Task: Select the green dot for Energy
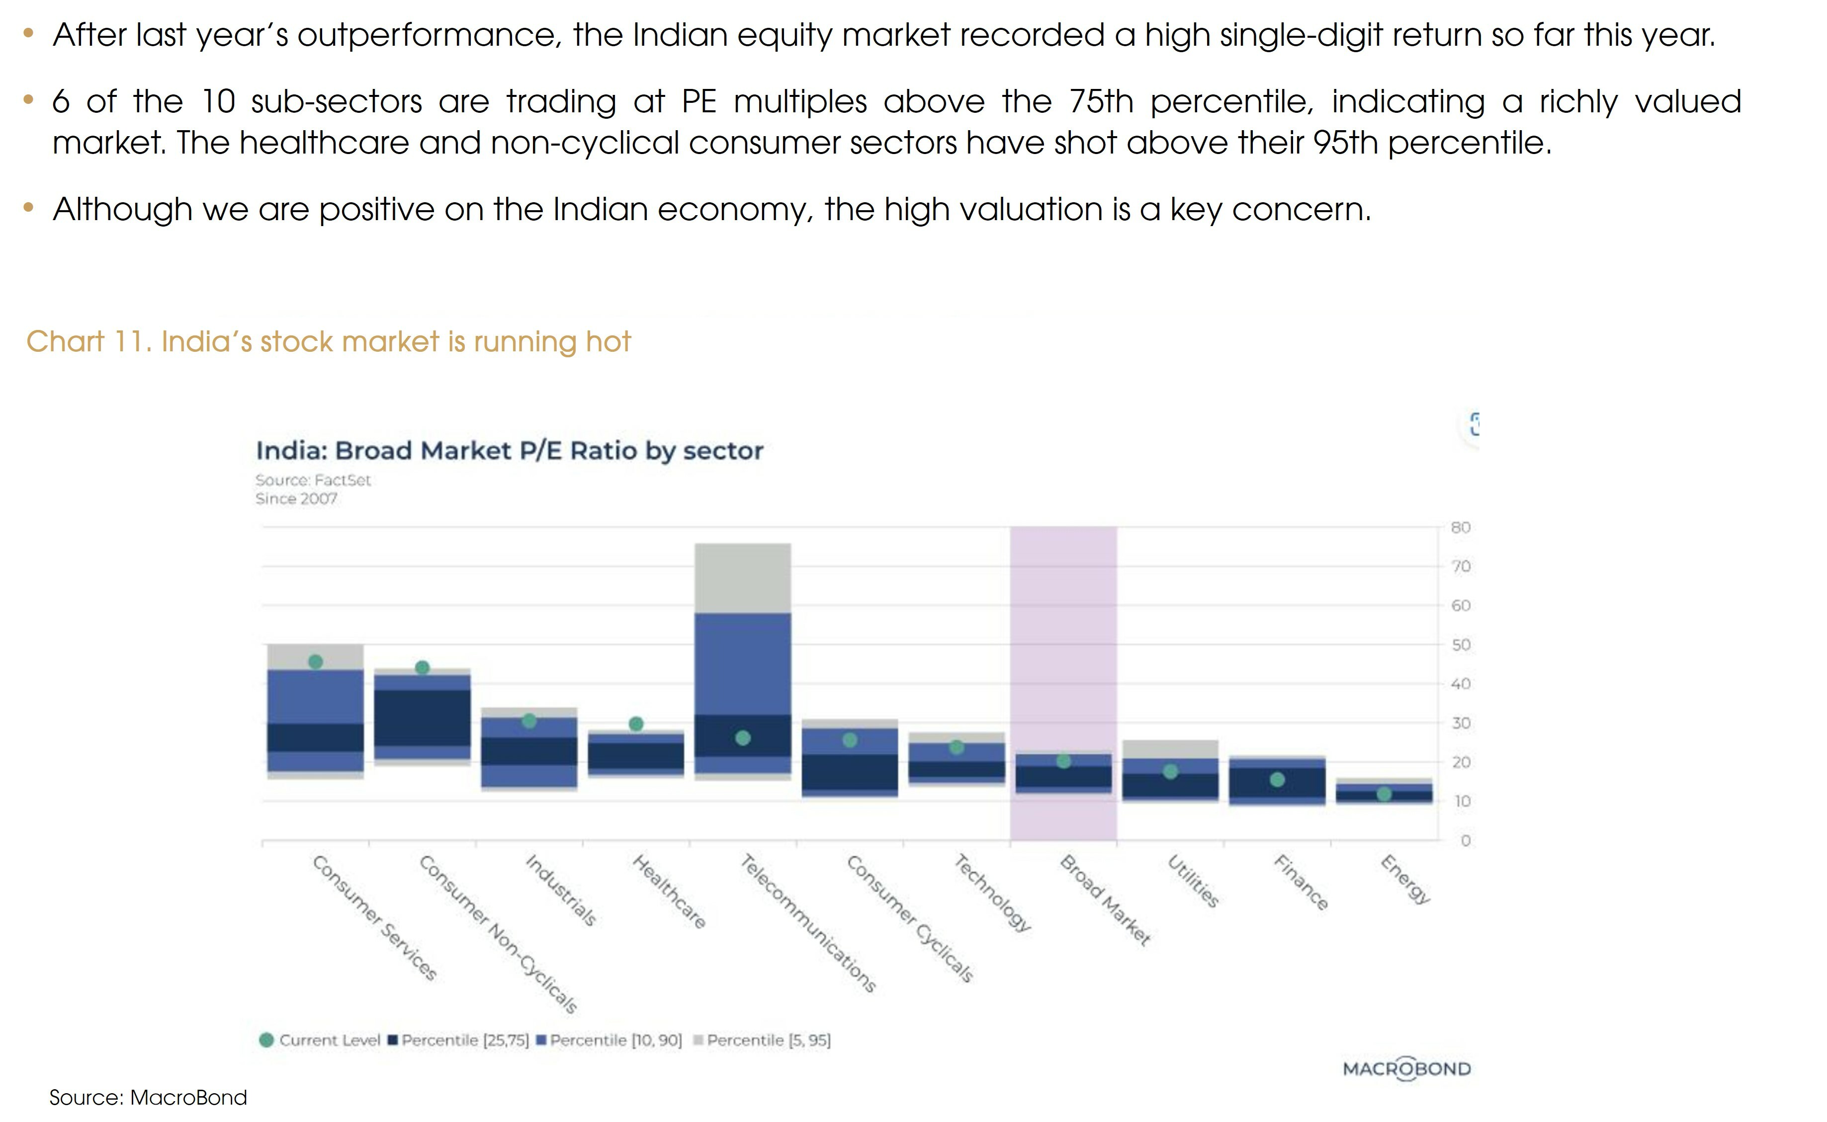tap(1384, 795)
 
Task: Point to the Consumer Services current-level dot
tap(316, 662)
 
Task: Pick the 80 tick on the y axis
tap(1460, 528)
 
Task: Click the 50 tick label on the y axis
tap(1460, 645)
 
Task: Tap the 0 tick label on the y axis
tap(1465, 841)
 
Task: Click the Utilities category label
tap(1193, 882)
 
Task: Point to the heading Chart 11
tap(328, 342)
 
